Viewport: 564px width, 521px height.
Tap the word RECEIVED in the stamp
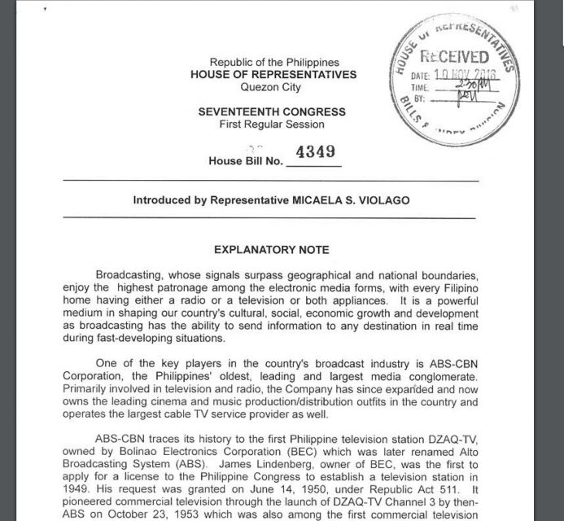(x=454, y=57)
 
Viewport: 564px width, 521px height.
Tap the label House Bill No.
(x=245, y=160)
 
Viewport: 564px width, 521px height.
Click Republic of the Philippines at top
(x=274, y=62)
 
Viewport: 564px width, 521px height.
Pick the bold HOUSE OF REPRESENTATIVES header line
(x=273, y=75)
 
